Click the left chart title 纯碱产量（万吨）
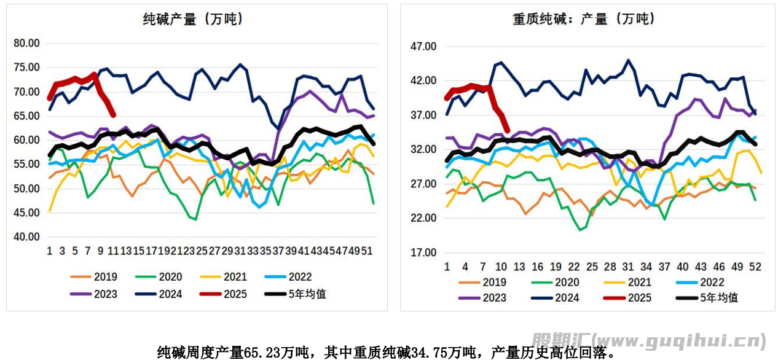tap(193, 20)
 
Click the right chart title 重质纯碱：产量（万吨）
tap(584, 20)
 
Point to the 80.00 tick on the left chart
tap(26, 43)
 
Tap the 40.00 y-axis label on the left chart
tap(26, 237)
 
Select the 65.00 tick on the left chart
tap(26, 116)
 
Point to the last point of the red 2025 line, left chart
tap(113, 115)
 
